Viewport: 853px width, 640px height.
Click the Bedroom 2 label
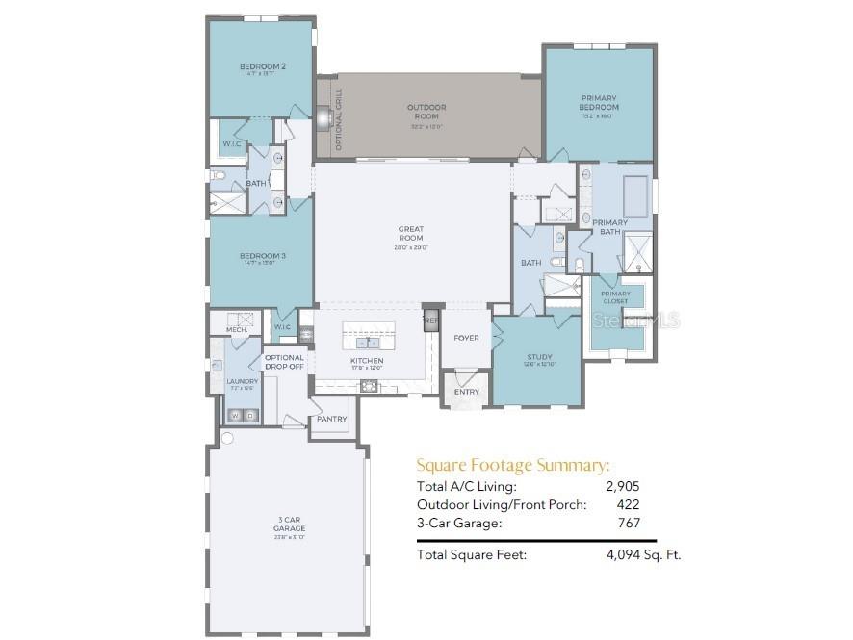(262, 66)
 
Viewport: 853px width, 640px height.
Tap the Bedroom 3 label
(262, 255)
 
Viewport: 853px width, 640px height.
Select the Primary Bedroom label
(599, 102)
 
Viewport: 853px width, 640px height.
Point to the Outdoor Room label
(426, 111)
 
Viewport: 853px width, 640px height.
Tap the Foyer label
(467, 338)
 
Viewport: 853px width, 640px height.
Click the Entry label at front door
(467, 392)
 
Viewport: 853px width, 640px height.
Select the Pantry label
(331, 419)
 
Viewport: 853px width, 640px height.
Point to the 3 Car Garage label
(289, 525)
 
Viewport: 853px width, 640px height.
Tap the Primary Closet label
(615, 297)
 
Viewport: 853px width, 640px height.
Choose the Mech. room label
(237, 330)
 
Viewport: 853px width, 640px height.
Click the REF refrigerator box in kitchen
(431, 320)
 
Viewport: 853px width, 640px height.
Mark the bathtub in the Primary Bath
(635, 198)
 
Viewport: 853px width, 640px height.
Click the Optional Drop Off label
(284, 362)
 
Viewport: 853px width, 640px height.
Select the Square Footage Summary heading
(512, 465)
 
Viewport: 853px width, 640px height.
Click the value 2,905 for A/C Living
(623, 486)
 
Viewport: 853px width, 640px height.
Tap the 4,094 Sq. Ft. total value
(643, 555)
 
